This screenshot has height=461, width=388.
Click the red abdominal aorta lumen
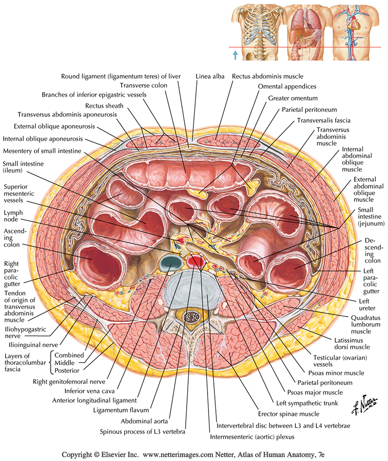click(x=196, y=262)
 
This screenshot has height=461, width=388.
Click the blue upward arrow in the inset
click(x=236, y=55)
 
